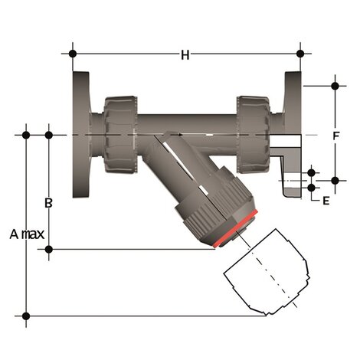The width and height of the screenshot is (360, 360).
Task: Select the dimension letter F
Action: point(335,137)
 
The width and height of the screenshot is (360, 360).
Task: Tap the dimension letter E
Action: point(326,201)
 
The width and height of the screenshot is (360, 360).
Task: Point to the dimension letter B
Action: point(48,203)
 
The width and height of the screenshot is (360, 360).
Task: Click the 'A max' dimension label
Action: point(27,234)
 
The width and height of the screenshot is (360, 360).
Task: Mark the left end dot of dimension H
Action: point(73,54)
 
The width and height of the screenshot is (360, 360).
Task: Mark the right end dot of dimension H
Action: point(300,54)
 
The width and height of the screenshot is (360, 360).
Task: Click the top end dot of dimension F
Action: point(335,84)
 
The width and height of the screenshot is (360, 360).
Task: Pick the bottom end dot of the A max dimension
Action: point(27,316)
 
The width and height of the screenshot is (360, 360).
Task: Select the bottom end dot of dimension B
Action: point(49,249)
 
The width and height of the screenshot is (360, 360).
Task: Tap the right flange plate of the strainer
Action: point(293,115)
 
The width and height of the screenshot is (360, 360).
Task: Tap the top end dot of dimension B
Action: point(49,136)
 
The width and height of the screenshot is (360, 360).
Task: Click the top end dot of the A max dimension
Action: point(27,136)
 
